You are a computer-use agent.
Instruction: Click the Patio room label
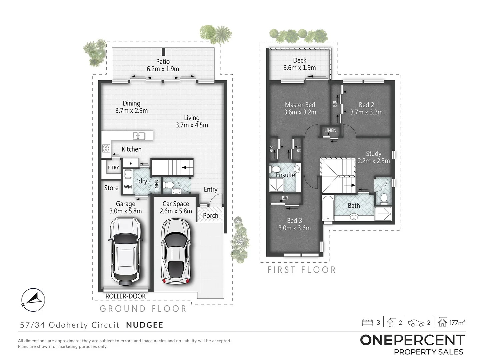click(x=163, y=62)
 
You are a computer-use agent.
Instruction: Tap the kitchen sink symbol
click(x=138, y=136)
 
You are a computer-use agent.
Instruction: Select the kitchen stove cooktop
click(x=106, y=148)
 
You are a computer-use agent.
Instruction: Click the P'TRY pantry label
click(x=113, y=168)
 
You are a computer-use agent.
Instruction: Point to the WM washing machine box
click(x=128, y=187)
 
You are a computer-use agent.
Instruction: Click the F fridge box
click(x=131, y=163)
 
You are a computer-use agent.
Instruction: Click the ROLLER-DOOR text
click(x=126, y=296)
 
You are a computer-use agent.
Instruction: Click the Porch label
click(x=211, y=216)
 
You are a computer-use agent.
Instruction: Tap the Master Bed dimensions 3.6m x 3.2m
click(x=300, y=112)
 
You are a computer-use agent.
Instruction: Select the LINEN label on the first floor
click(x=330, y=130)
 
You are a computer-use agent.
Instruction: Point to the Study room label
click(x=373, y=153)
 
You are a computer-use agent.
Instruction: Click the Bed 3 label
click(x=294, y=220)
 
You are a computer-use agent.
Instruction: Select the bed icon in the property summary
click(x=367, y=322)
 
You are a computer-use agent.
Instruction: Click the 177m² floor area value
click(x=457, y=322)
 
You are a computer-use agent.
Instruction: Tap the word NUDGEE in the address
click(x=145, y=325)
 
